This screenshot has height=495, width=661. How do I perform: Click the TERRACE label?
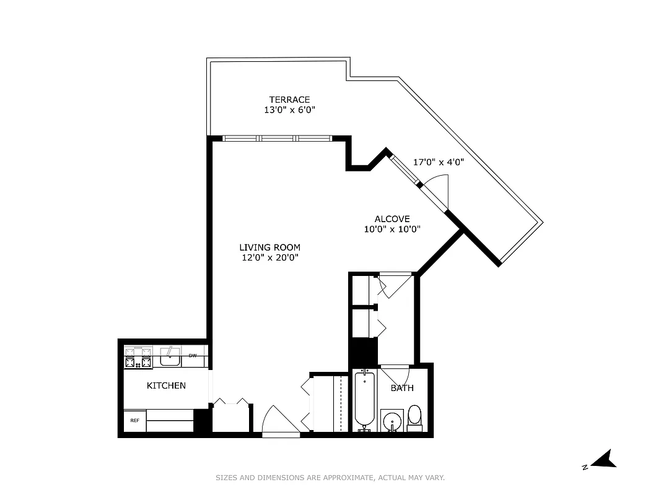coord(289,100)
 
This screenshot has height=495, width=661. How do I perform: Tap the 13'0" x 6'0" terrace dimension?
coord(289,111)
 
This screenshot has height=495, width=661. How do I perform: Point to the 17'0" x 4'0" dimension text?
coord(439,162)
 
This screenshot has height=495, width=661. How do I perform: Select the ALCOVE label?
coord(392,219)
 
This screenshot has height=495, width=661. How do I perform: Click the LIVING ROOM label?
coord(269,247)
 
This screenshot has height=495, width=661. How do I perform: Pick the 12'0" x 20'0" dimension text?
coord(269,258)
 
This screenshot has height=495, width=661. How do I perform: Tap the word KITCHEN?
coord(166,385)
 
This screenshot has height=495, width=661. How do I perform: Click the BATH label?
coord(402,388)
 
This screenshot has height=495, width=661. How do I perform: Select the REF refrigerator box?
coord(134,421)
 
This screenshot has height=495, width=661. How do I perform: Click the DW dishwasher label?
coord(193,356)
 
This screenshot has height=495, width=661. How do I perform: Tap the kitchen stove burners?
coord(139,358)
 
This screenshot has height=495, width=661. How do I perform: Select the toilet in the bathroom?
coord(414,417)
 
